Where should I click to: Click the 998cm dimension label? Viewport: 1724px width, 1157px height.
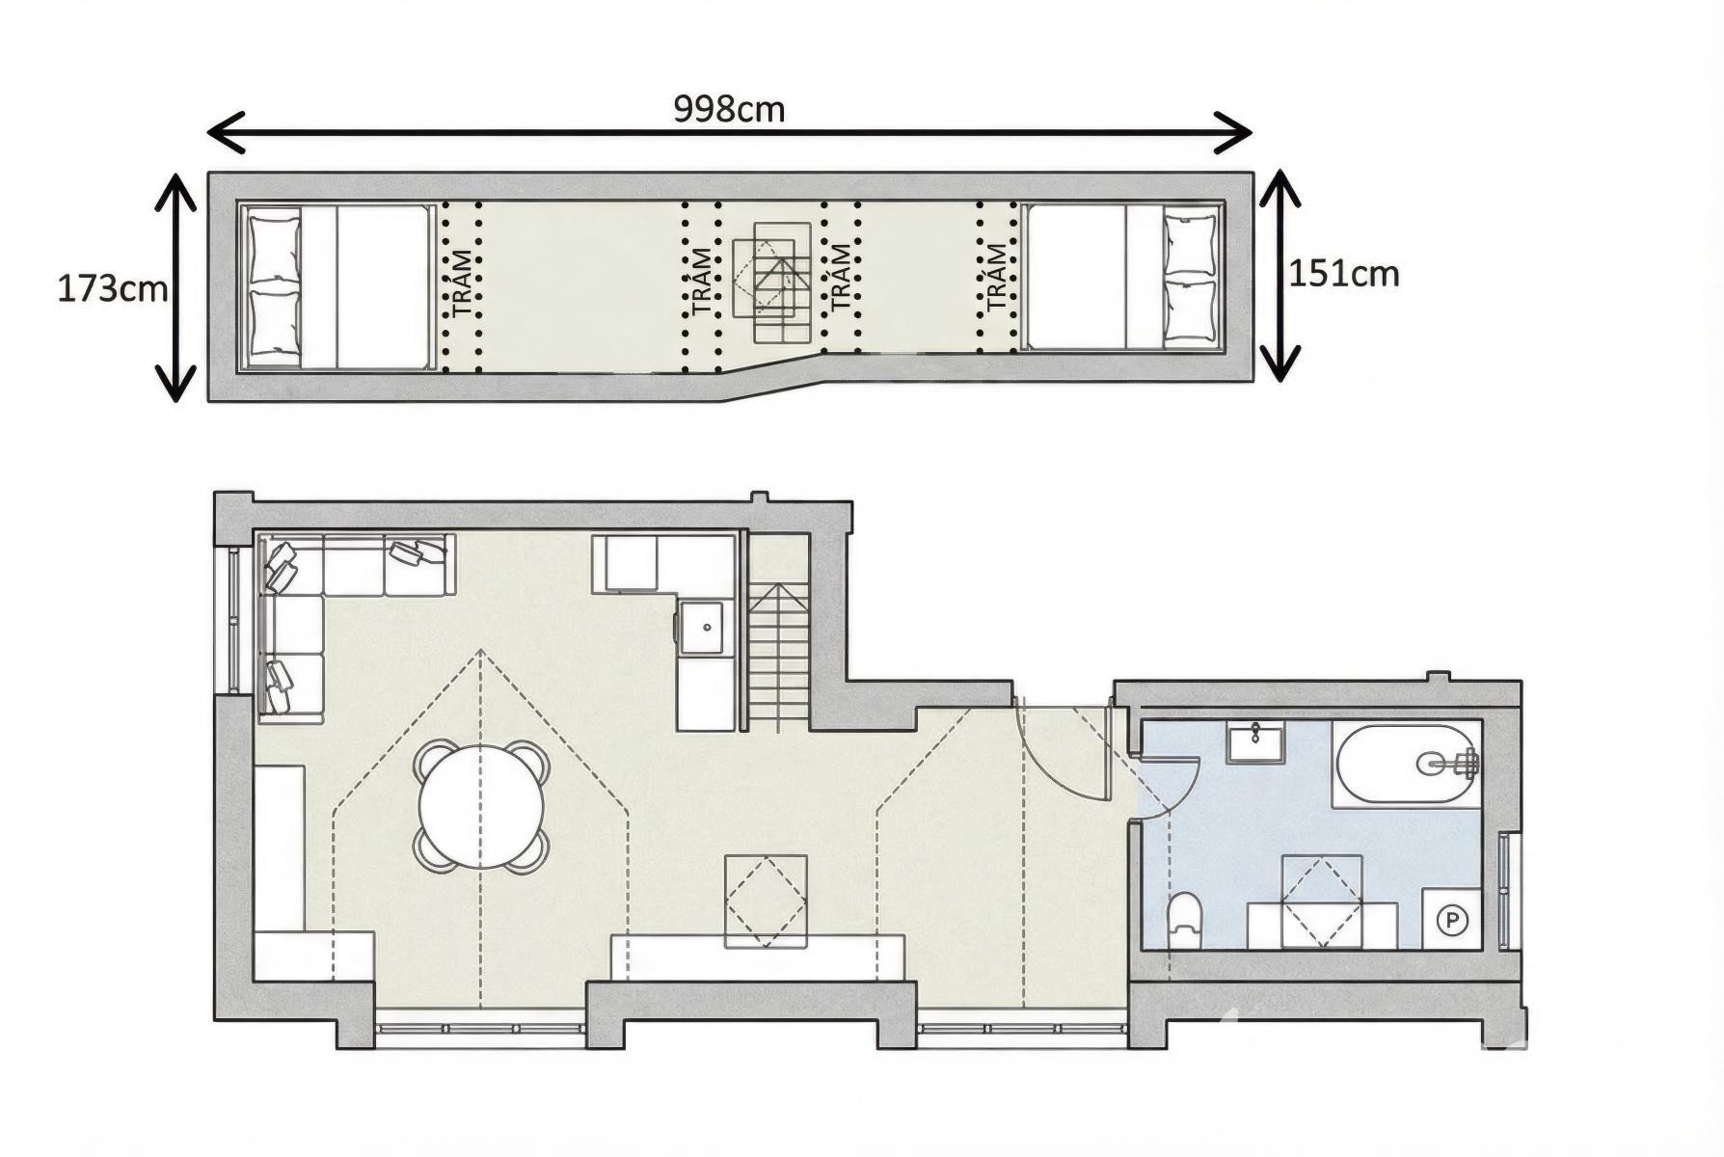[729, 109]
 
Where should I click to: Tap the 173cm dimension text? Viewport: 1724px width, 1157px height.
[113, 288]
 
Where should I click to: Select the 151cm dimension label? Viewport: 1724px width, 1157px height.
[1344, 274]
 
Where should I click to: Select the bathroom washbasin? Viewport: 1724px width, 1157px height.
[1255, 744]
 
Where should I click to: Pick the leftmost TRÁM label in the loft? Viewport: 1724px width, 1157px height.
[464, 283]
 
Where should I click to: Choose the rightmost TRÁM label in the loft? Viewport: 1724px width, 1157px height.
[997, 277]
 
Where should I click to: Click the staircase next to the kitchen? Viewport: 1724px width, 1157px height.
[778, 656]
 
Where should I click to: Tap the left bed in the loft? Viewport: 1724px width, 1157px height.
[335, 286]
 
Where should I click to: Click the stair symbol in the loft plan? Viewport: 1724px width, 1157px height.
[771, 281]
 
